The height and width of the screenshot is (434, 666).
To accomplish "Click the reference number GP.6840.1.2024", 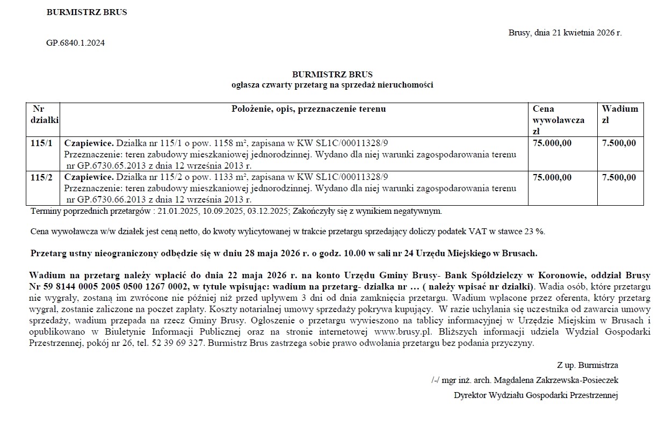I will pyautogui.click(x=76, y=43).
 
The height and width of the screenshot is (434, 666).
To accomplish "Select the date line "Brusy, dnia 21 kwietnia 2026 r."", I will pyautogui.click(x=565, y=33).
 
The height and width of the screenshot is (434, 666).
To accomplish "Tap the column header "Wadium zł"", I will pyautogui.click(x=620, y=114).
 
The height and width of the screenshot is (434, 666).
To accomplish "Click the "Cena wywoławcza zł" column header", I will pyautogui.click(x=559, y=120).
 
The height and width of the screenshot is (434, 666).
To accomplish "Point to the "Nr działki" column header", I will pyautogui.click(x=45, y=114).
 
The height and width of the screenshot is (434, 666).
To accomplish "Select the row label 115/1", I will pyautogui.click(x=42, y=143).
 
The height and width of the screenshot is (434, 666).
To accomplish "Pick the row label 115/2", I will pyautogui.click(x=42, y=177).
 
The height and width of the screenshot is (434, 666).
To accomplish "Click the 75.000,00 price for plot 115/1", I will pyautogui.click(x=552, y=143).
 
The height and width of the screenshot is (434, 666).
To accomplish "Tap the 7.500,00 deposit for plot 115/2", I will pyautogui.click(x=619, y=177).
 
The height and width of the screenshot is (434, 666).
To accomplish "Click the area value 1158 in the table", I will pyautogui.click(x=223, y=143).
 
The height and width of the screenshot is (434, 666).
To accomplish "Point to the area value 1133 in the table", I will pyautogui.click(x=223, y=177).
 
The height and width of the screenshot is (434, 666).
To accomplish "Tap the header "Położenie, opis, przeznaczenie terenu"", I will pyautogui.click(x=309, y=109).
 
